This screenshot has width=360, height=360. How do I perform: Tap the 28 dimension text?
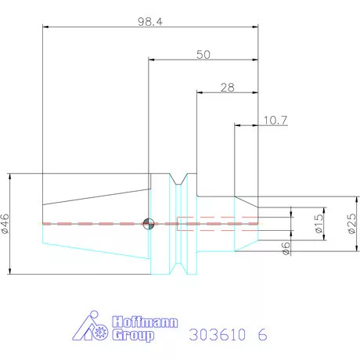(227, 88)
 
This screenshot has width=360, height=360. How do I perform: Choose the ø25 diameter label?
(352, 225)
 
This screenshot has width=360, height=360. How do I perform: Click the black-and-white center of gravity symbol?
(149, 224)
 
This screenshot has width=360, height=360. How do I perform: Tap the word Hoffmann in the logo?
(146, 322)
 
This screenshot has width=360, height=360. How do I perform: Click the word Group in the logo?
(134, 336)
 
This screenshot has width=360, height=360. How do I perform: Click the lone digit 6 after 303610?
(262, 334)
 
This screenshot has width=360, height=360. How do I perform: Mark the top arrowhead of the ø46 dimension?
(11, 176)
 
